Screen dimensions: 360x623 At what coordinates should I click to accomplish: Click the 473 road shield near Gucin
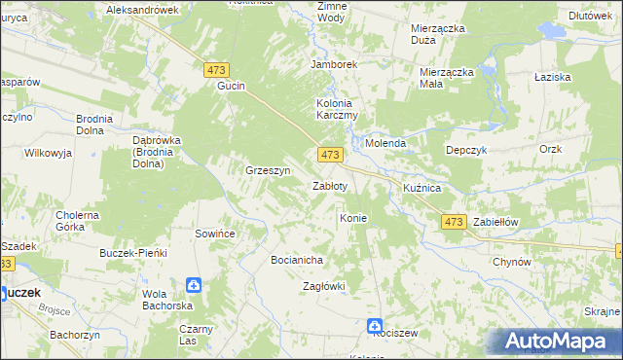click(216, 69)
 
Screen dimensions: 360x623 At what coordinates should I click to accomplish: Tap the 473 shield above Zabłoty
click(330, 155)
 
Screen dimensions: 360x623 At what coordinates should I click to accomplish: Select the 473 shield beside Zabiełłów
click(453, 222)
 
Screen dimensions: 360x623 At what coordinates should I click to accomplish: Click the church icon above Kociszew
click(375, 326)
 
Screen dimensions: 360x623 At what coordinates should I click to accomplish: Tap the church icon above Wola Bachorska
click(194, 285)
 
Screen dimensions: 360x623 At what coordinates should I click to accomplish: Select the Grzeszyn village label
click(269, 170)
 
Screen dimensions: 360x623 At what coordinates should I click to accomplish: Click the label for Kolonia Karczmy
click(338, 109)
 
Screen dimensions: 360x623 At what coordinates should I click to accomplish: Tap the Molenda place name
click(385, 143)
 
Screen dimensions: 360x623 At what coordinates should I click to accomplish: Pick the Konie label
click(352, 218)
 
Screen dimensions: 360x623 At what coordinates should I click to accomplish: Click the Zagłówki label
click(324, 286)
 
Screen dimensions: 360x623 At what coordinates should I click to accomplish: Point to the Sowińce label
click(216, 234)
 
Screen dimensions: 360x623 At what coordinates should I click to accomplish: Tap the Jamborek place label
click(335, 64)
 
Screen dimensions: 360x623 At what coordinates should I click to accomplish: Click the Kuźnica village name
click(422, 186)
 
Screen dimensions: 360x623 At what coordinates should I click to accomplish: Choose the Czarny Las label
click(196, 335)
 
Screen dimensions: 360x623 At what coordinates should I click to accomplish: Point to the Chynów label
click(511, 262)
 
